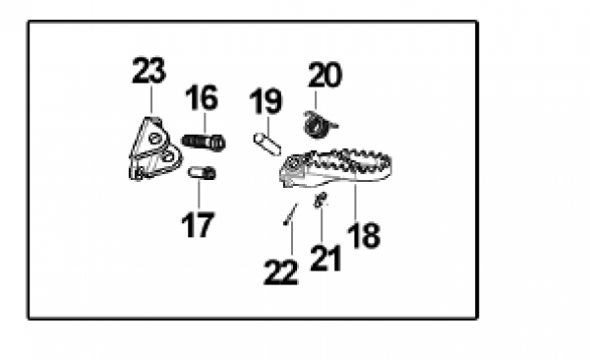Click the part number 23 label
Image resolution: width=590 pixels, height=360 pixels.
tap(149, 71)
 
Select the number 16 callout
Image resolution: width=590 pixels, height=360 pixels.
tap(202, 97)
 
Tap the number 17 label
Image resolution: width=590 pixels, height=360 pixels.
tap(198, 225)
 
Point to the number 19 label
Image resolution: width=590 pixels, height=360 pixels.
tap(265, 101)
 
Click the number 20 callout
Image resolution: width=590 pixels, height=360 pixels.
tap(325, 75)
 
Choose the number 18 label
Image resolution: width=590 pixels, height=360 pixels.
tap(364, 235)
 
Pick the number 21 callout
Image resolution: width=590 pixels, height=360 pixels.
tap(325, 258)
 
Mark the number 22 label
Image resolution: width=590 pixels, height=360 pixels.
tap(281, 272)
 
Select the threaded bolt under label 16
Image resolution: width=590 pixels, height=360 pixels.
tap(204, 143)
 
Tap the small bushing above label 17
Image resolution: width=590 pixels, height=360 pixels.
tap(202, 173)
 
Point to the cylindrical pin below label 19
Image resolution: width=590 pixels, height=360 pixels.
tap(267, 144)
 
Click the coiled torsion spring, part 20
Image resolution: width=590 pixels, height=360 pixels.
tap(319, 124)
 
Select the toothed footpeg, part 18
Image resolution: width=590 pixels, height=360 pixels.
tap(336, 168)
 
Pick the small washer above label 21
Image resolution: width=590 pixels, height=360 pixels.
tap(321, 200)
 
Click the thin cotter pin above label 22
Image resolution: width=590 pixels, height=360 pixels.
tap(290, 214)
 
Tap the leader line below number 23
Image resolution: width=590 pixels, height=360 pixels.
tap(151, 99)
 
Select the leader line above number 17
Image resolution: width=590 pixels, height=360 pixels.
tap(199, 195)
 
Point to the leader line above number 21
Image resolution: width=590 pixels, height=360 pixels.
tap(322, 224)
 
